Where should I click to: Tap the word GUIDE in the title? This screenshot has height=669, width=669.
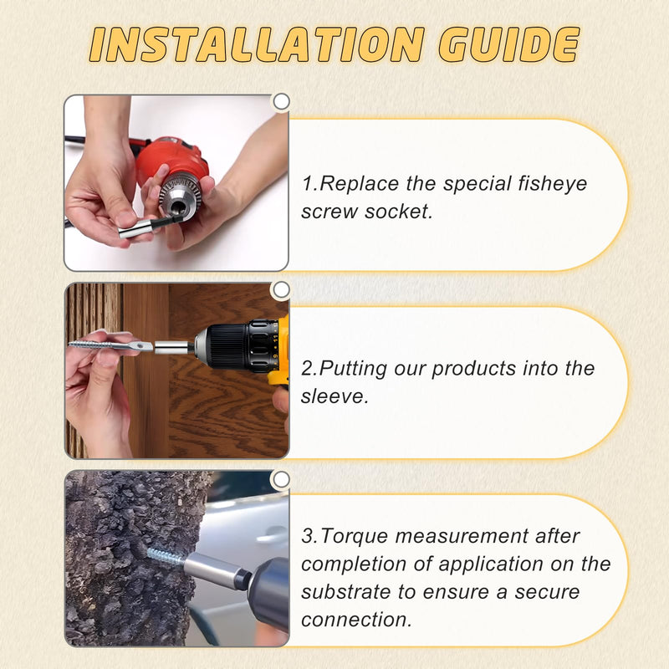click(509, 44)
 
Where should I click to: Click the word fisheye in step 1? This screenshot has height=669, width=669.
click(553, 184)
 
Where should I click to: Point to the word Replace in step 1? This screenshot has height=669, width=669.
click(360, 184)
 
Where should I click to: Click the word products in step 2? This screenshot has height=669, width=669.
click(473, 369)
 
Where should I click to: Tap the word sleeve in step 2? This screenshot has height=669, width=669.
click(334, 396)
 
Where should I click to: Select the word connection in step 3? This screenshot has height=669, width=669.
click(356, 620)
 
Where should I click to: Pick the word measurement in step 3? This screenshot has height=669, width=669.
click(462, 536)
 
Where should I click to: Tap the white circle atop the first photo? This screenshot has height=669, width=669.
click(281, 102)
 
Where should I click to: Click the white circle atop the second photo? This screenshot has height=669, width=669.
click(281, 290)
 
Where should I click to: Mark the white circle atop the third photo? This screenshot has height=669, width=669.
click(281, 479)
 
